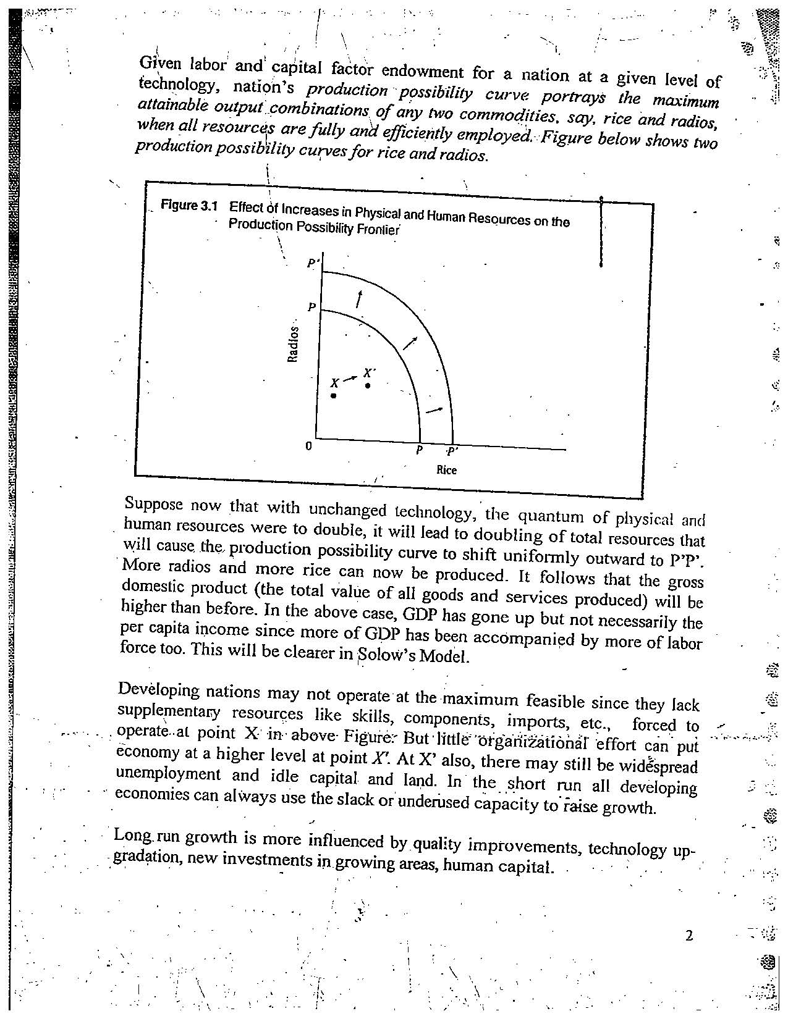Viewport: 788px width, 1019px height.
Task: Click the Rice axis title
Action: (446, 470)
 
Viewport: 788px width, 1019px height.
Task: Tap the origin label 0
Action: (309, 446)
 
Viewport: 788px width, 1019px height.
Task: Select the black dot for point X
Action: (334, 396)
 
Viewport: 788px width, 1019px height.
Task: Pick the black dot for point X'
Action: (368, 386)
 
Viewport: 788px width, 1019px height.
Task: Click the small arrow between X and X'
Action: (350, 377)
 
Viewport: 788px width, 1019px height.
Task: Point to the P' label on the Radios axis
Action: (313, 264)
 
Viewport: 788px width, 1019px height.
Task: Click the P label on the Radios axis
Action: (312, 307)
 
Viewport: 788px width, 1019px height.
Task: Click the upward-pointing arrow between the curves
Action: (358, 300)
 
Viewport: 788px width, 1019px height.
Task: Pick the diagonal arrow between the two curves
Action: (410, 343)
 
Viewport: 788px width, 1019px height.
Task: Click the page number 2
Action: (689, 936)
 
